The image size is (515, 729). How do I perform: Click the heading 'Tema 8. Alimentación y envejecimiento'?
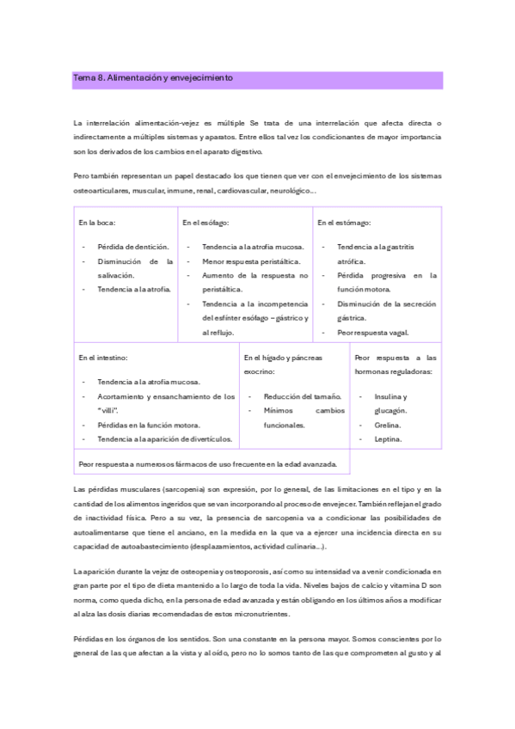153,78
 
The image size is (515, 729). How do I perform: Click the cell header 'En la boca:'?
97,223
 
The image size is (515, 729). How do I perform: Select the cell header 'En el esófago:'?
205,223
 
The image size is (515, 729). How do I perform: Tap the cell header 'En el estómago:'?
344,223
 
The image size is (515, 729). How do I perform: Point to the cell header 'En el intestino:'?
103,357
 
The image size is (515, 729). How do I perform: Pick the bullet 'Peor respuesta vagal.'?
373,333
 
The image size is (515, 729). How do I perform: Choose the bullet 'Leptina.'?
388,439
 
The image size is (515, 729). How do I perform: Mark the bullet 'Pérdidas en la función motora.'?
149,425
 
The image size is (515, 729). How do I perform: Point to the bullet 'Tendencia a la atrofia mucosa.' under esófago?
255,246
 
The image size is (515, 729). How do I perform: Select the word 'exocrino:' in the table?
259,371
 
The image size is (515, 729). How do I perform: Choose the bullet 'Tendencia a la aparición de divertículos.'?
165,439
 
